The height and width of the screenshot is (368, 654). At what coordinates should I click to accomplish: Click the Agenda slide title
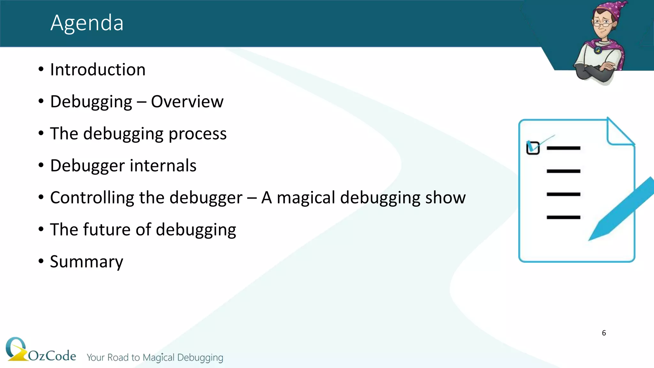[87, 23]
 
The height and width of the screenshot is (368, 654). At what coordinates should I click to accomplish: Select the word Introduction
[98, 70]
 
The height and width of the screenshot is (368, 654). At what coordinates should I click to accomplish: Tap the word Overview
[187, 102]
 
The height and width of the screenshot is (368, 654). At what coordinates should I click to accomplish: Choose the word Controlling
[92, 197]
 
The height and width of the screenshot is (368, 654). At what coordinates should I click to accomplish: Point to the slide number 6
[604, 333]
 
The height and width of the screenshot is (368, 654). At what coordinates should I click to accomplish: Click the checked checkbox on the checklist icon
[533, 148]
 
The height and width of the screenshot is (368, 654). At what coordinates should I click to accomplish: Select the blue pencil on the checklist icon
[623, 208]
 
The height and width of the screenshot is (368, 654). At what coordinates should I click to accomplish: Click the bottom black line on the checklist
[563, 217]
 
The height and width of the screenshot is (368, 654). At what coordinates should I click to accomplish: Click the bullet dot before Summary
[41, 261]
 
